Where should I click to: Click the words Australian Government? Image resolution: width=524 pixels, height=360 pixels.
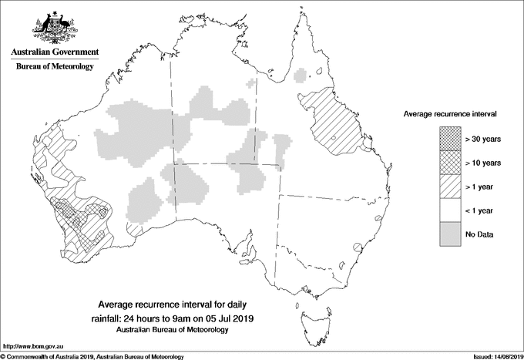54,52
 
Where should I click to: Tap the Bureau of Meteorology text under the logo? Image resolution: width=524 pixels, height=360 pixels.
54,66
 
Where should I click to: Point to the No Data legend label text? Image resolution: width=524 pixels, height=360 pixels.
479,234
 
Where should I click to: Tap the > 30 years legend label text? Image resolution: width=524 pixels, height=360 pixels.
483,140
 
